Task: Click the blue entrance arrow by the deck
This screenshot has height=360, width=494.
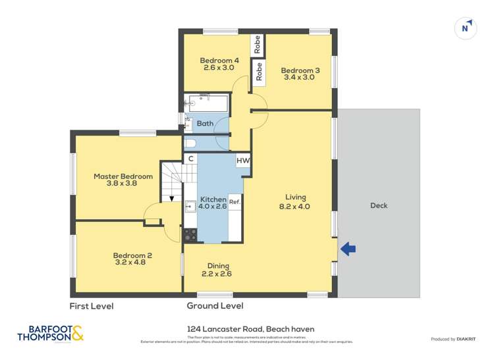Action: pyautogui.click(x=348, y=248)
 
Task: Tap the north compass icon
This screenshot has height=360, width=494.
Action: pyautogui.click(x=466, y=28)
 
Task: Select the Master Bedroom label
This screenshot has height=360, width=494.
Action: pyautogui.click(x=123, y=176)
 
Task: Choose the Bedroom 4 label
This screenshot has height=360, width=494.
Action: pyautogui.click(x=219, y=61)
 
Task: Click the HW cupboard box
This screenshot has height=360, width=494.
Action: pyautogui.click(x=242, y=160)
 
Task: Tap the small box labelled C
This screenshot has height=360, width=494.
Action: pyautogui.click(x=190, y=159)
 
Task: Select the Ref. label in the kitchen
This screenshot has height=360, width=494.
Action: pyautogui.click(x=234, y=203)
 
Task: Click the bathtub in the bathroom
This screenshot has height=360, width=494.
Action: pyautogui.click(x=207, y=103)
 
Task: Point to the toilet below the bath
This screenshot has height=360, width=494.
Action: pyautogui.click(x=190, y=142)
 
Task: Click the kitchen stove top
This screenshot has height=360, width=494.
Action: pyautogui.click(x=190, y=234)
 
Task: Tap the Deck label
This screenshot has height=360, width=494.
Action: pyautogui.click(x=379, y=205)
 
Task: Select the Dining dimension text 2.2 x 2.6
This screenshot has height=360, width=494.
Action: pyautogui.click(x=216, y=274)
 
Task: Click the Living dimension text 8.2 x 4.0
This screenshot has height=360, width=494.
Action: pyautogui.click(x=296, y=206)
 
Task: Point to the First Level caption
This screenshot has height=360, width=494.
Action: pyautogui.click(x=92, y=306)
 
